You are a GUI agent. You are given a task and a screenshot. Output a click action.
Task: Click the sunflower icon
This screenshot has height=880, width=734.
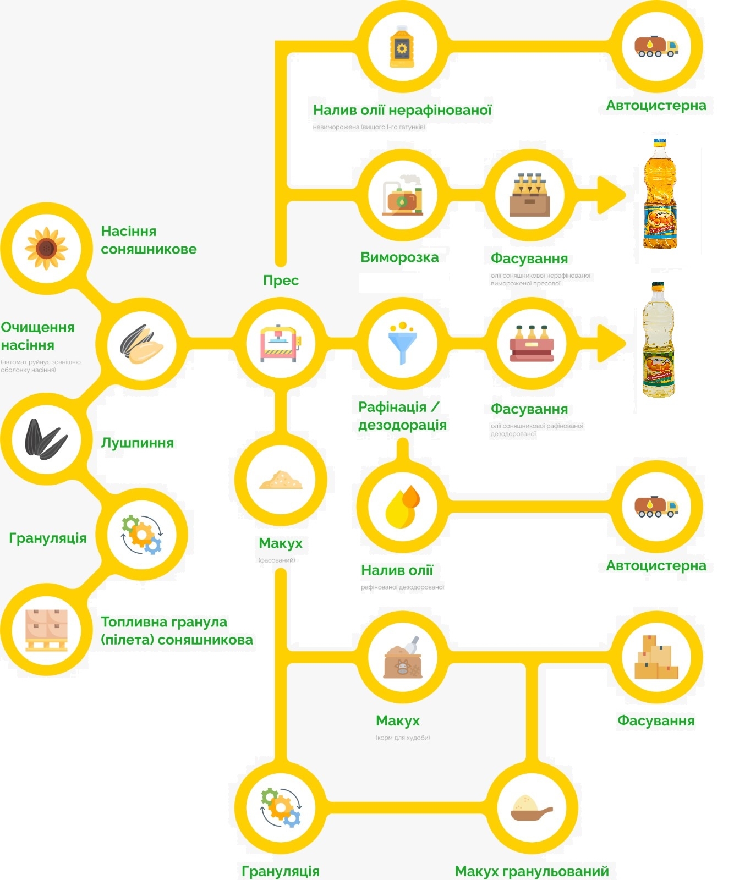point(46,248)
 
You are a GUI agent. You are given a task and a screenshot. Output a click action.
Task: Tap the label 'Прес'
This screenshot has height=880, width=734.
point(281,280)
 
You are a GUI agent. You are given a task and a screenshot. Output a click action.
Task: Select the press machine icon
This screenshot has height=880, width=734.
point(281,344)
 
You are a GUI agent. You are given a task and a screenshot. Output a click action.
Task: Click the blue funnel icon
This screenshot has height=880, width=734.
point(403,344)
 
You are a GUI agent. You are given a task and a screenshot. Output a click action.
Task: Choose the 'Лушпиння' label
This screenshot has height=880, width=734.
point(137,443)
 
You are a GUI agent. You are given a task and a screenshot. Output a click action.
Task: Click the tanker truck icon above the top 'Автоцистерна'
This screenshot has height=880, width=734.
point(656,47)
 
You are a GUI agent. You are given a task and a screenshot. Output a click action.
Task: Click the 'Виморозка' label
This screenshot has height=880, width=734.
point(399,257)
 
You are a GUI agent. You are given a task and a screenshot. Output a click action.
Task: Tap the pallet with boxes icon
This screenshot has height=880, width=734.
point(46,630)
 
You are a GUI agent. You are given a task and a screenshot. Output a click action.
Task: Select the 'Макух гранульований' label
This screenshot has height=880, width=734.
point(532,871)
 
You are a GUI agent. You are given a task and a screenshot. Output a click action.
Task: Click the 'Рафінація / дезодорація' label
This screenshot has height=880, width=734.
point(402,416)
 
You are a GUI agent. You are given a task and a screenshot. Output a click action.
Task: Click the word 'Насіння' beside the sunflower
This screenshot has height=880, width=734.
point(129,231)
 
